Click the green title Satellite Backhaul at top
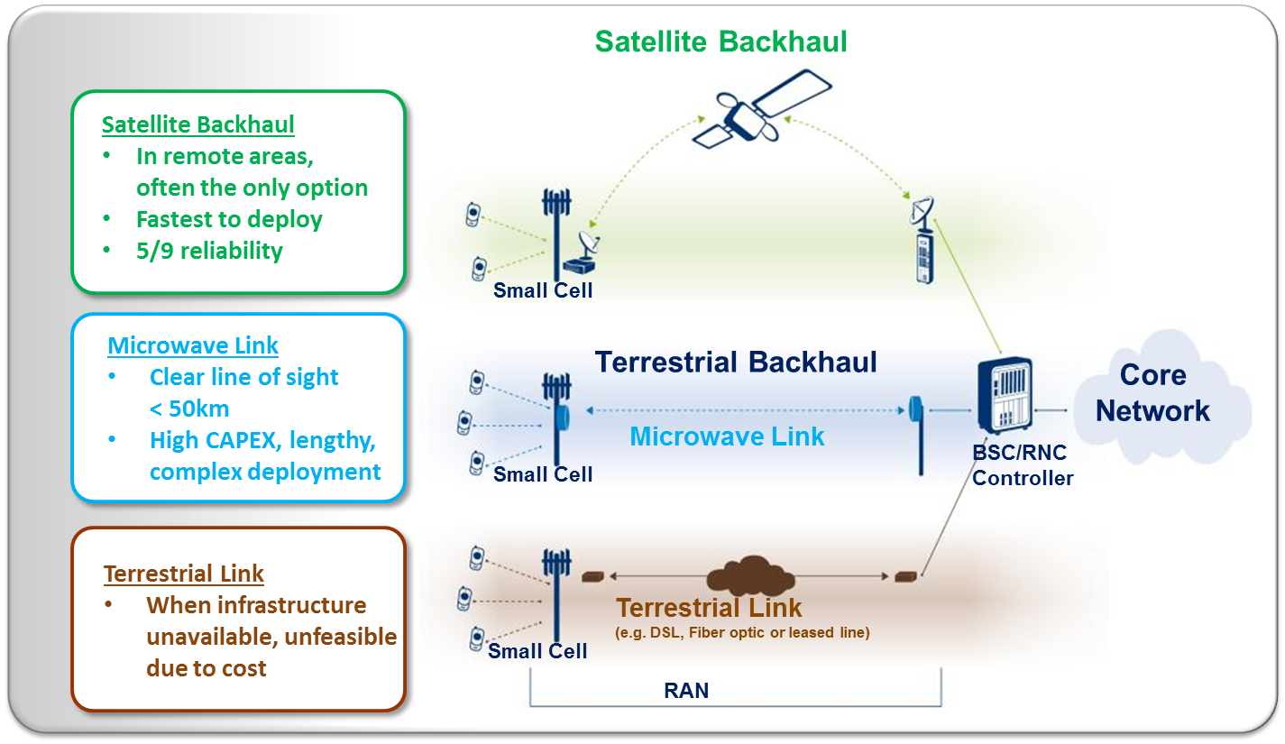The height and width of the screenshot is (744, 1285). [x=721, y=41]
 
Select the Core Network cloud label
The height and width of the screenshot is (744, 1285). [x=1152, y=393]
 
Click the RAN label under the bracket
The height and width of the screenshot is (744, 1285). [x=686, y=692]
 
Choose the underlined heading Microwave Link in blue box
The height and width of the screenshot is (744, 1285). [x=193, y=345]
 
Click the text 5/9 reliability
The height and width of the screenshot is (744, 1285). [x=209, y=251]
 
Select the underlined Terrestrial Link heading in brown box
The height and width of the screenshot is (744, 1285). [x=184, y=574]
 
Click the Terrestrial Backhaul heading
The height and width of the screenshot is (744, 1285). [x=736, y=363]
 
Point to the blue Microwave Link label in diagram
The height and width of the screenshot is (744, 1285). [x=727, y=436]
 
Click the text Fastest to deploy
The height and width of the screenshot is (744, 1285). [x=229, y=219]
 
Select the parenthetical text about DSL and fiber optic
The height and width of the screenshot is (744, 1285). [x=742, y=633]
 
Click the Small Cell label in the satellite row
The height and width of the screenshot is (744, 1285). [x=543, y=290]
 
